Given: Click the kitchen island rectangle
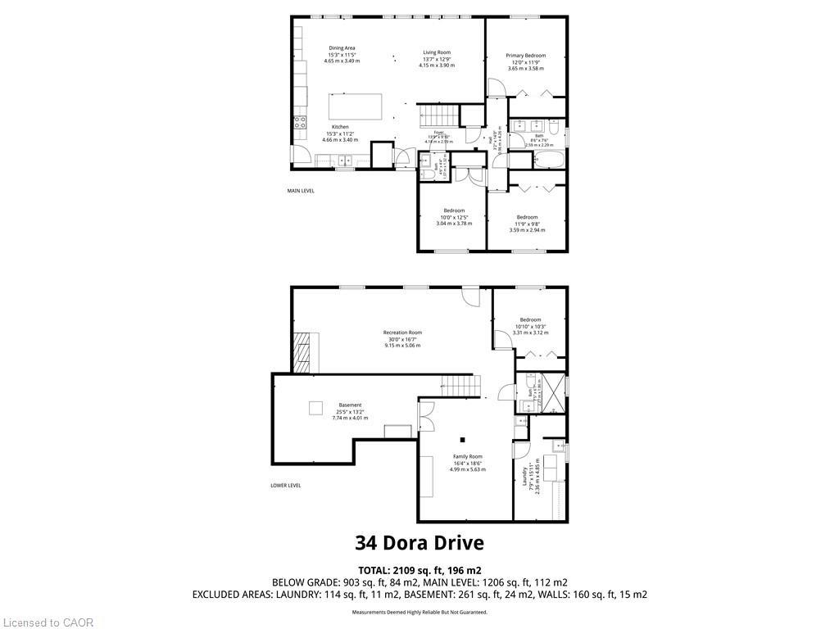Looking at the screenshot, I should coord(356,106).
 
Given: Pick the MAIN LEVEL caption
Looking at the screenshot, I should coord(301,191).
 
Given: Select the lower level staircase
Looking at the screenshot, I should coord(458,383).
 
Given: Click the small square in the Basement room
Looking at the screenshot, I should coord(315,408).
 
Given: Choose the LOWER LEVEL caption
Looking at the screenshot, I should coord(286,485).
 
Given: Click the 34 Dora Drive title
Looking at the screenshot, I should coord(419,542).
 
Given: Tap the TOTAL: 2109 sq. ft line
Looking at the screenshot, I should coord(419,570).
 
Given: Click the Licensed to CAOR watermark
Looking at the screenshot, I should coord(48,622).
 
